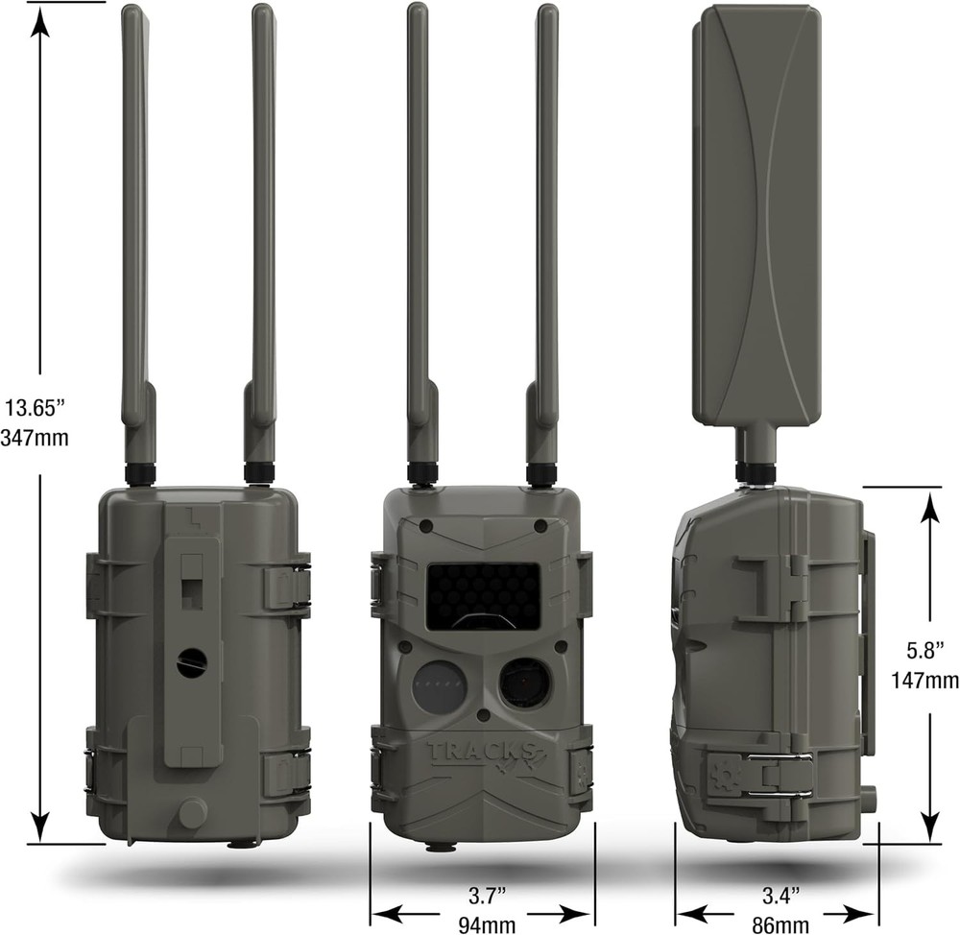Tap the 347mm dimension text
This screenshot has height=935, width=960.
pyautogui.click(x=39, y=438)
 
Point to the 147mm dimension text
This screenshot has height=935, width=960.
pyautogui.click(x=928, y=681)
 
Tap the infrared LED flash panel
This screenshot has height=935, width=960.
pyautogui.click(x=482, y=595)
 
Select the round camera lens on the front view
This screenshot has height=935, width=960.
pyautogui.click(x=524, y=683)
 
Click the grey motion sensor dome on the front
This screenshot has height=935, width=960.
pyautogui.click(x=440, y=687)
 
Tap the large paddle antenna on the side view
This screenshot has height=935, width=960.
pyautogui.click(x=756, y=216)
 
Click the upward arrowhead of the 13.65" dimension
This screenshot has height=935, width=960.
pyautogui.click(x=39, y=21)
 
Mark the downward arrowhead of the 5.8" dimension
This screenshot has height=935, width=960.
pyautogui.click(x=930, y=827)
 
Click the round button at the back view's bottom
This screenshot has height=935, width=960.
pyautogui.click(x=192, y=813)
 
